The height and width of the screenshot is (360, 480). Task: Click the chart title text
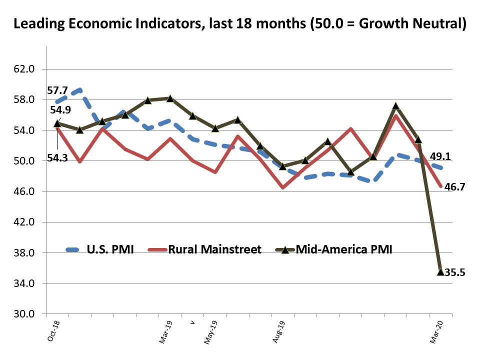240,23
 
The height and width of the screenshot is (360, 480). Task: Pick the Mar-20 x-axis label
436,331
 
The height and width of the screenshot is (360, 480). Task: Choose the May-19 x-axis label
210,331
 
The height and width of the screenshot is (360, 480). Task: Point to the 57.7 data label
57,90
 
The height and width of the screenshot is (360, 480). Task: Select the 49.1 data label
440,156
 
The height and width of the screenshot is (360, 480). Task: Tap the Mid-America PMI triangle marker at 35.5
440,271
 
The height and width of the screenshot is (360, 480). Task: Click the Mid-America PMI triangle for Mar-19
170,98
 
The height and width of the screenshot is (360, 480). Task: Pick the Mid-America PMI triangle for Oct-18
57,122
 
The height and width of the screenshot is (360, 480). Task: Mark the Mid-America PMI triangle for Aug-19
282,166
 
